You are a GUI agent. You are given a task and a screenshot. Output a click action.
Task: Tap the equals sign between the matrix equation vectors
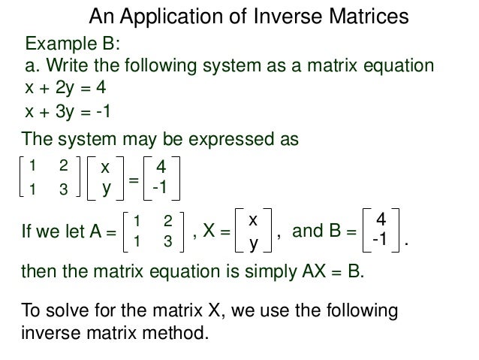click(x=133, y=179)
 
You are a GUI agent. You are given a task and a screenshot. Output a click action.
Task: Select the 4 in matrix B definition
click(x=381, y=220)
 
